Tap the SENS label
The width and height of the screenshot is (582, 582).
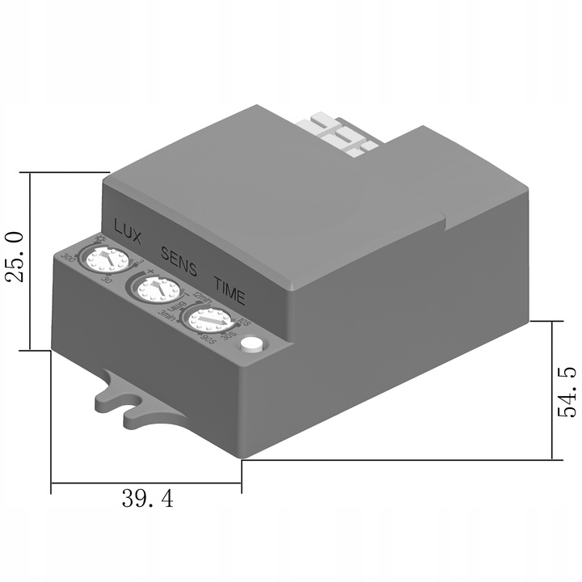(x=179, y=256)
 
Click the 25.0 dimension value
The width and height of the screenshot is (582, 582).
(x=14, y=257)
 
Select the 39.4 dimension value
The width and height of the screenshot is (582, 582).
(x=147, y=499)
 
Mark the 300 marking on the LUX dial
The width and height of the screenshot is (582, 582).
(x=68, y=258)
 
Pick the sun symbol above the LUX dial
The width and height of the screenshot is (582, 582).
(x=100, y=238)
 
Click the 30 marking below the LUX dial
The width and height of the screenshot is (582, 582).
(x=108, y=280)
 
